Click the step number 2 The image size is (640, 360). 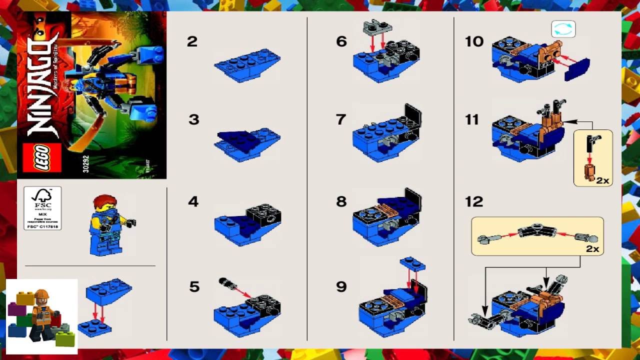(192, 41)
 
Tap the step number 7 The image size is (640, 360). (341, 119)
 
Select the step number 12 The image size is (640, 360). (474, 201)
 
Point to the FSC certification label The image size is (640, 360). (42, 208)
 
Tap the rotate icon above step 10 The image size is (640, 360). (563, 29)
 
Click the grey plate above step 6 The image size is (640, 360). (376, 27)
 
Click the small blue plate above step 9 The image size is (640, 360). (412, 262)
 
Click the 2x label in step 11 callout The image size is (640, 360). (602, 180)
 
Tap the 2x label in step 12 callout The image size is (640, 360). (592, 248)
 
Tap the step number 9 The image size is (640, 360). (341, 286)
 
